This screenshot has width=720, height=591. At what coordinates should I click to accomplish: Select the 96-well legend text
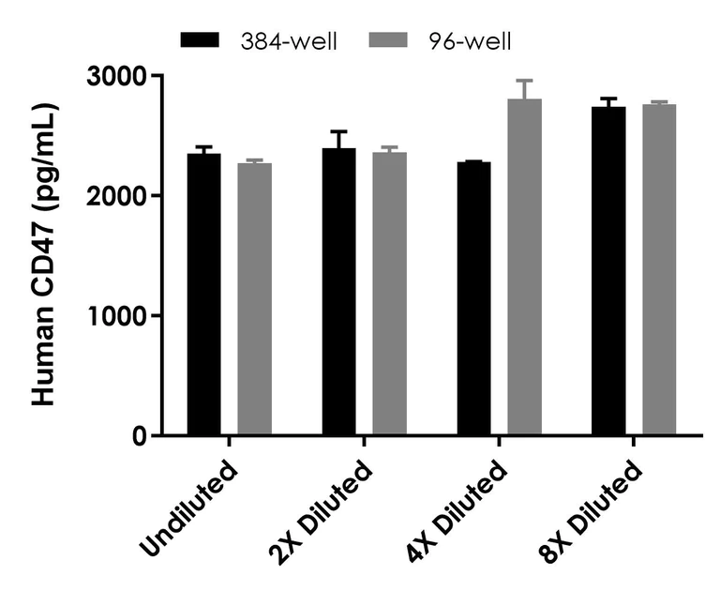coord(472,40)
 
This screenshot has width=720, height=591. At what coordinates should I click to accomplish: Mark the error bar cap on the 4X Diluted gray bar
coord(524,81)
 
